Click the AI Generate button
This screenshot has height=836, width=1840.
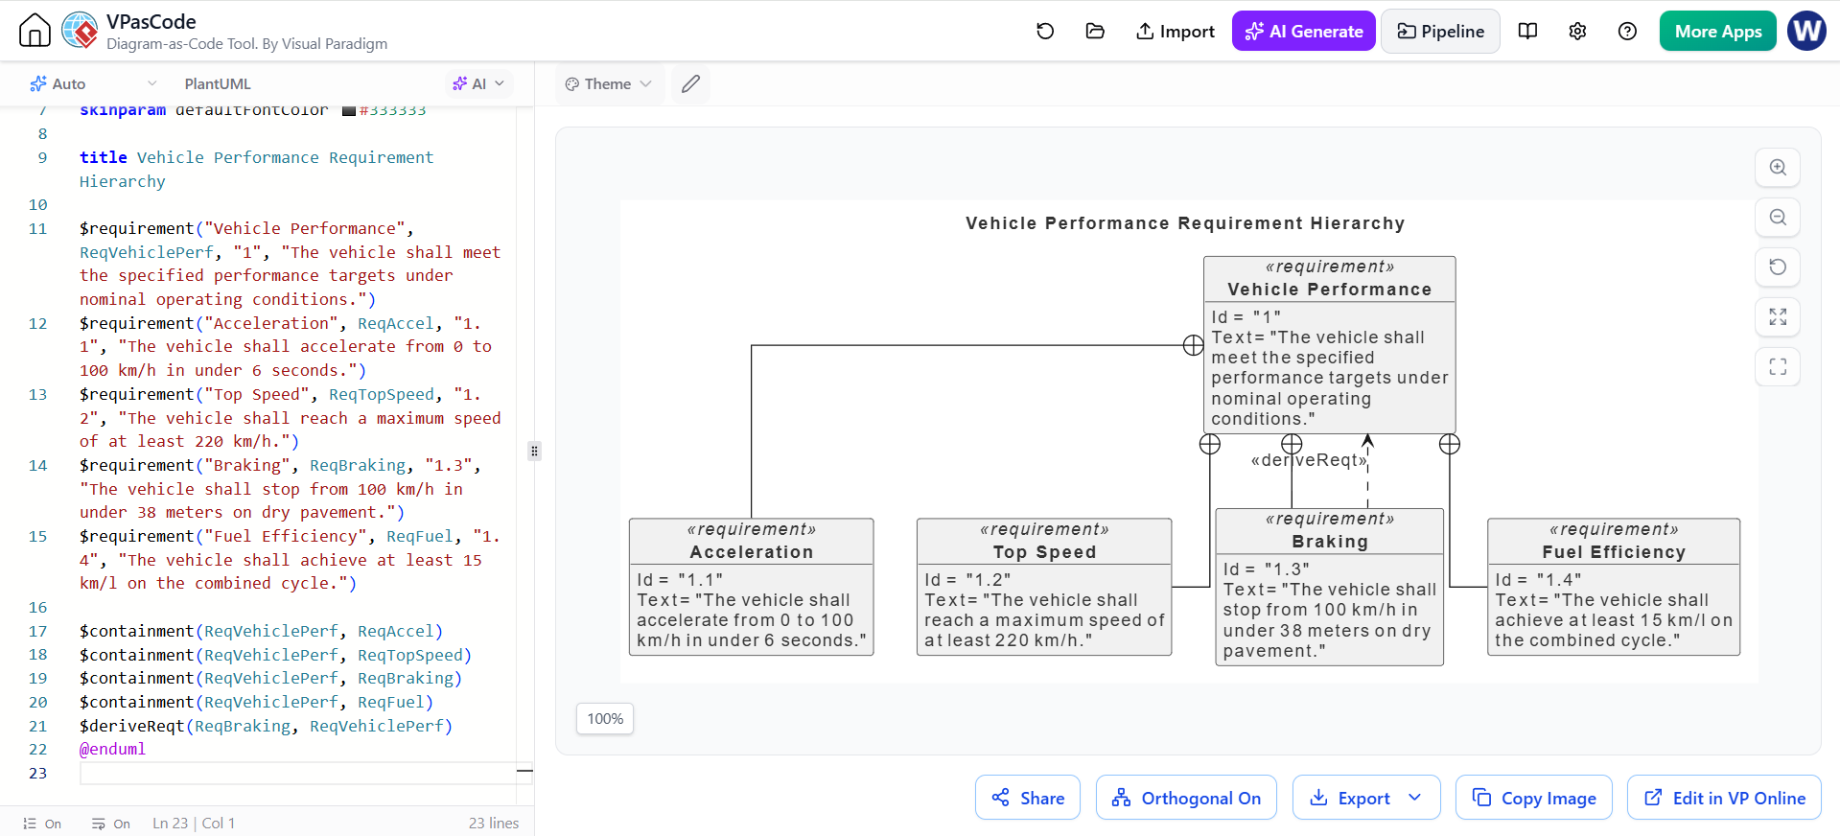coord(1303,32)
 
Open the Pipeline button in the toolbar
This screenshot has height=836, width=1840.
coord(1440,32)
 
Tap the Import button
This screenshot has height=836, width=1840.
coord(1175,32)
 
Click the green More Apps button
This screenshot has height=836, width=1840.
coord(1717,32)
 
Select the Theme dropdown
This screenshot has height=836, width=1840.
coord(608,84)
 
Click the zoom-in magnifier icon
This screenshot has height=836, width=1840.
coord(1778,168)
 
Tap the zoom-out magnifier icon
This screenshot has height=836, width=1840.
coord(1778,218)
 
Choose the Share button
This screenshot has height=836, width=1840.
coord(1028,798)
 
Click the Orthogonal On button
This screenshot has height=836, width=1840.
coord(1186,798)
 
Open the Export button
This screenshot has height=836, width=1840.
coord(1366,798)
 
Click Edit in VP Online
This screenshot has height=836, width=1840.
coord(1724,798)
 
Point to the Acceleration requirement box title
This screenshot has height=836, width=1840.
coord(752,552)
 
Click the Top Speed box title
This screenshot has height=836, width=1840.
coord(1044,552)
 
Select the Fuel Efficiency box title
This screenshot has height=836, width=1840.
coord(1614,552)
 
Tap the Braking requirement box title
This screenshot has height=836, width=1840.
coord(1330,542)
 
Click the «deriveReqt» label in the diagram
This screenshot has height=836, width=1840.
coord(1309,460)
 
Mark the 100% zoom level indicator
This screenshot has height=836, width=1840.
coord(605,719)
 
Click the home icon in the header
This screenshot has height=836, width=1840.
coord(35,31)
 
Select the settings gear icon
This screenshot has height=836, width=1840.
coord(1577,32)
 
